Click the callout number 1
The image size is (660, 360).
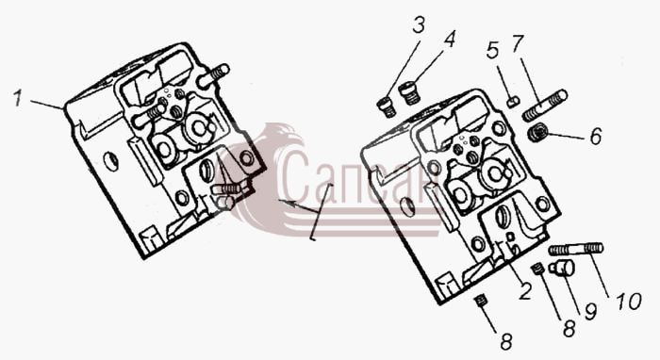pos(17,99)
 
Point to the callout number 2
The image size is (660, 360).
pos(524,290)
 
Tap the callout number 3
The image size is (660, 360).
pos(418,25)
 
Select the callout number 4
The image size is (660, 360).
pos(449,40)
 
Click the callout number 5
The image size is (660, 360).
pos(492,51)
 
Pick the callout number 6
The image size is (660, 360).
pos(595,137)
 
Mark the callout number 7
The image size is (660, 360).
pos(518,43)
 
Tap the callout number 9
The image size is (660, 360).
pos(590,312)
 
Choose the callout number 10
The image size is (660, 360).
pos(629,301)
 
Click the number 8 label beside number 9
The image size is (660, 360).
pos(569,329)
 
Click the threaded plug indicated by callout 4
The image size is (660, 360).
pos(409,93)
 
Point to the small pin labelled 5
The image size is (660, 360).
pos(513,102)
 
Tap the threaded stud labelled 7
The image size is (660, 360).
pos(546,106)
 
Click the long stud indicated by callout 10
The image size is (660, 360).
pos(576,250)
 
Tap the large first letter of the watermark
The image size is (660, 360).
pos(293,176)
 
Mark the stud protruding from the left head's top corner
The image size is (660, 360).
pos(214,75)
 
